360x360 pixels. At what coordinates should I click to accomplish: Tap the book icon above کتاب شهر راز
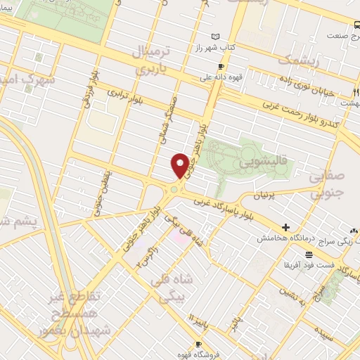[215, 37]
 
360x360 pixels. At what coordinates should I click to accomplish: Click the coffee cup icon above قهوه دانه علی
[221, 67]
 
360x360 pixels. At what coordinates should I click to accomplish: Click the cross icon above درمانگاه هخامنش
[285, 227]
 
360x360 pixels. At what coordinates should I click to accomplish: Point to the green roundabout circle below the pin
[174, 188]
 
